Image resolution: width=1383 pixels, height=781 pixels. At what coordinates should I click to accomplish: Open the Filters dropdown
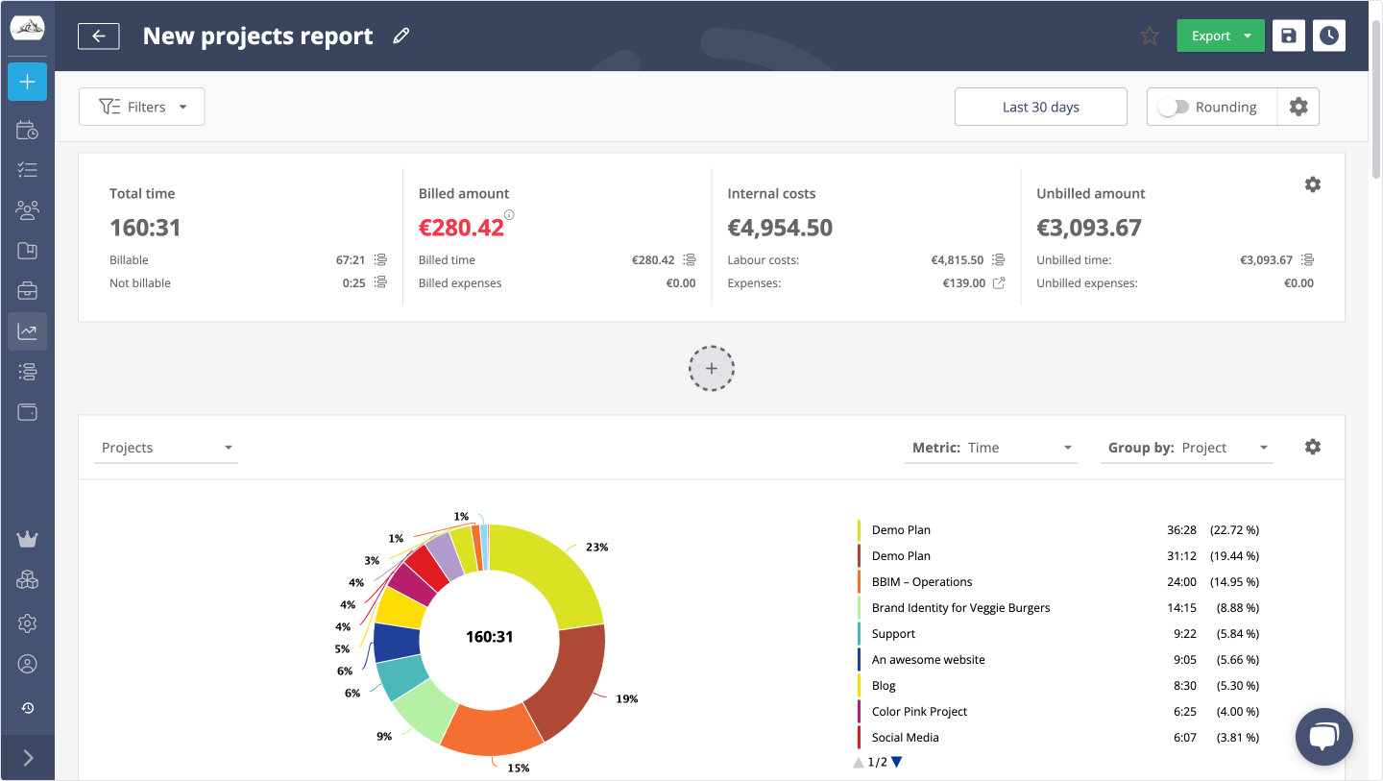142,107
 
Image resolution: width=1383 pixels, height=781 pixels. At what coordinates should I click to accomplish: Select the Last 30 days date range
1040,107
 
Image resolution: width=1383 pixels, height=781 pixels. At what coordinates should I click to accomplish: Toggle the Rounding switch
1173,108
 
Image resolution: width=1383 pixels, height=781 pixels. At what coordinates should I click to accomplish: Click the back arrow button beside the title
99,37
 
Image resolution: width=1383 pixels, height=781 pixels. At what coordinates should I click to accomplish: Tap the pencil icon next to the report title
401,37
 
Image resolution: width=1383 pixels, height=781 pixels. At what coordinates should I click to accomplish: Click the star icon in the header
1150,37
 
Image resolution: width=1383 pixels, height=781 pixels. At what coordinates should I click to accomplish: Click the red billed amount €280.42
461,228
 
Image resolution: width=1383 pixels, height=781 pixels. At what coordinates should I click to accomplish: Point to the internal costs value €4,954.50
780,228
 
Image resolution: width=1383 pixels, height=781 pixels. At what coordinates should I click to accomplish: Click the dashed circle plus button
712,369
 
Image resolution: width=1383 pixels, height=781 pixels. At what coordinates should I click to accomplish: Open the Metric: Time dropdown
990,448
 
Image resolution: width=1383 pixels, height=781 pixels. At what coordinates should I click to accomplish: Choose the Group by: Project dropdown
1186,448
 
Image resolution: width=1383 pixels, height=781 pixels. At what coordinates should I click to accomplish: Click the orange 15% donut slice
491,728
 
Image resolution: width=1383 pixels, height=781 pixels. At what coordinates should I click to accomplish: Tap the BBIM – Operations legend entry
921,582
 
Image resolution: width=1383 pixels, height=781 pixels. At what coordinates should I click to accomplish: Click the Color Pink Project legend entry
919,712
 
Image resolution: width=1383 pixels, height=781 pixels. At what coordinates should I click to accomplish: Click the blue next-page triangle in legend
897,763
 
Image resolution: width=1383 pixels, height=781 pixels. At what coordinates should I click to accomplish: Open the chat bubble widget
1323,737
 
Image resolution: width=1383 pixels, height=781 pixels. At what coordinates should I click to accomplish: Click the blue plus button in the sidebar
27,83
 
